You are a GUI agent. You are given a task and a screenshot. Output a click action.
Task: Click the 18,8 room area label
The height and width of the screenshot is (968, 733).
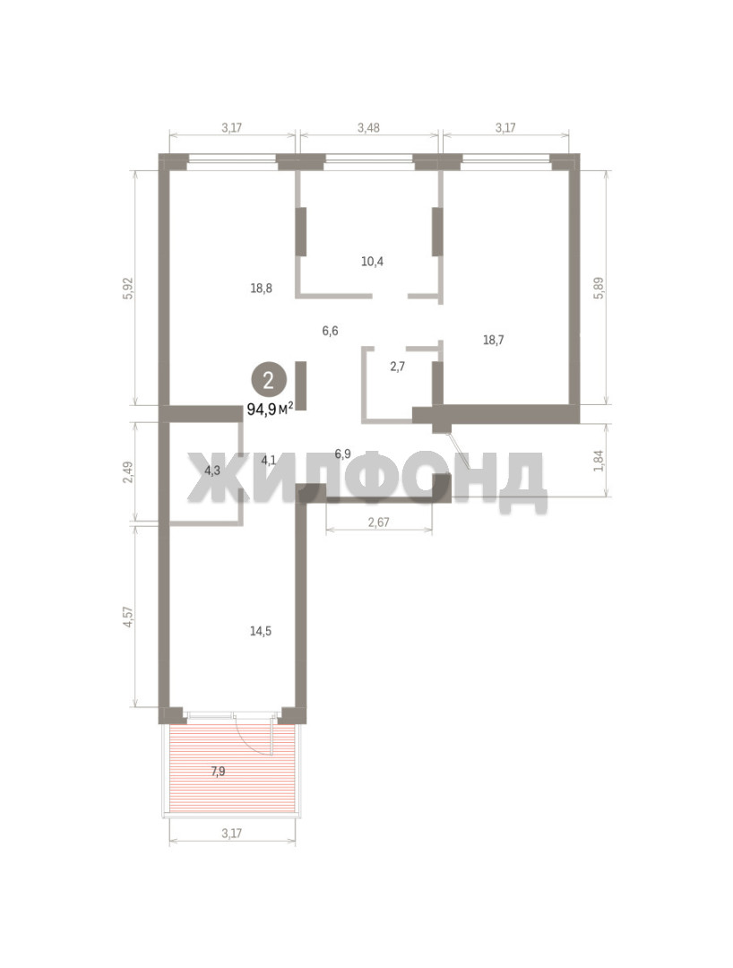pyautogui.click(x=262, y=288)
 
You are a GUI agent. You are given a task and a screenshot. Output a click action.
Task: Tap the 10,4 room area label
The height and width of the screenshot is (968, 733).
pyautogui.click(x=372, y=261)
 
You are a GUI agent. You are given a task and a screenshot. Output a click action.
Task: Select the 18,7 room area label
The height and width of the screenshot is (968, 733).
pyautogui.click(x=493, y=340)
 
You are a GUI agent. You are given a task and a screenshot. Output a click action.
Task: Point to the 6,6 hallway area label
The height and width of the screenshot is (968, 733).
pyautogui.click(x=330, y=331)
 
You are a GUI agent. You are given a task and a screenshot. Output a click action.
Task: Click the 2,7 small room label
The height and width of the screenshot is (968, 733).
pyautogui.click(x=397, y=366)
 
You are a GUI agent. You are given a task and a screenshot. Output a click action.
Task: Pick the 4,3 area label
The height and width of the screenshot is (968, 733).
pyautogui.click(x=212, y=471)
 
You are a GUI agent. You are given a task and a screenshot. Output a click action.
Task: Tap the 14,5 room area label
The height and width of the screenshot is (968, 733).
pyautogui.click(x=261, y=631)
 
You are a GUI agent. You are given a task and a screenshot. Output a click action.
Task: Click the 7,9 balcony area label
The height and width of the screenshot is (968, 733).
pyautogui.click(x=218, y=771)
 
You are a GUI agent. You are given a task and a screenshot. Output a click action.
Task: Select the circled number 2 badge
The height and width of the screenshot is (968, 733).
pyautogui.click(x=269, y=380)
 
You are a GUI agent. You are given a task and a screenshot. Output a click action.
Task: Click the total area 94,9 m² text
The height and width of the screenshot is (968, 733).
pyautogui.click(x=270, y=408)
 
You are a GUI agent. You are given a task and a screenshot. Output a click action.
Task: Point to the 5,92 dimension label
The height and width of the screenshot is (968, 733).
pyautogui.click(x=128, y=289)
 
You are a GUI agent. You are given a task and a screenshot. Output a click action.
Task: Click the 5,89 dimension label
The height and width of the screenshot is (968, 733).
pyautogui.click(x=598, y=288)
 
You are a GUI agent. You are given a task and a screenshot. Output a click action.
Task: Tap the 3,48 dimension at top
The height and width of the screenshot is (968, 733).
pyautogui.click(x=368, y=128)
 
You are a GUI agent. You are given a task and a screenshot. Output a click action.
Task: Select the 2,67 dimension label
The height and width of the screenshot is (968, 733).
pyautogui.click(x=378, y=523)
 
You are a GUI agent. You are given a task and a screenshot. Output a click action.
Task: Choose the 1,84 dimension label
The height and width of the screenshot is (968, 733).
pyautogui.click(x=598, y=460)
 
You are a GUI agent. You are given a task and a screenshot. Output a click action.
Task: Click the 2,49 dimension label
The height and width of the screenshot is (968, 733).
pyautogui.click(x=128, y=471)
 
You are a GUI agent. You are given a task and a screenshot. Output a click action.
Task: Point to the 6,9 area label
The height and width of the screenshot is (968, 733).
pyautogui.click(x=343, y=454)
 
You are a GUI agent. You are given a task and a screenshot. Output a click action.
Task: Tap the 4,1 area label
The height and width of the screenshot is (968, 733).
pyautogui.click(x=269, y=460)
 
